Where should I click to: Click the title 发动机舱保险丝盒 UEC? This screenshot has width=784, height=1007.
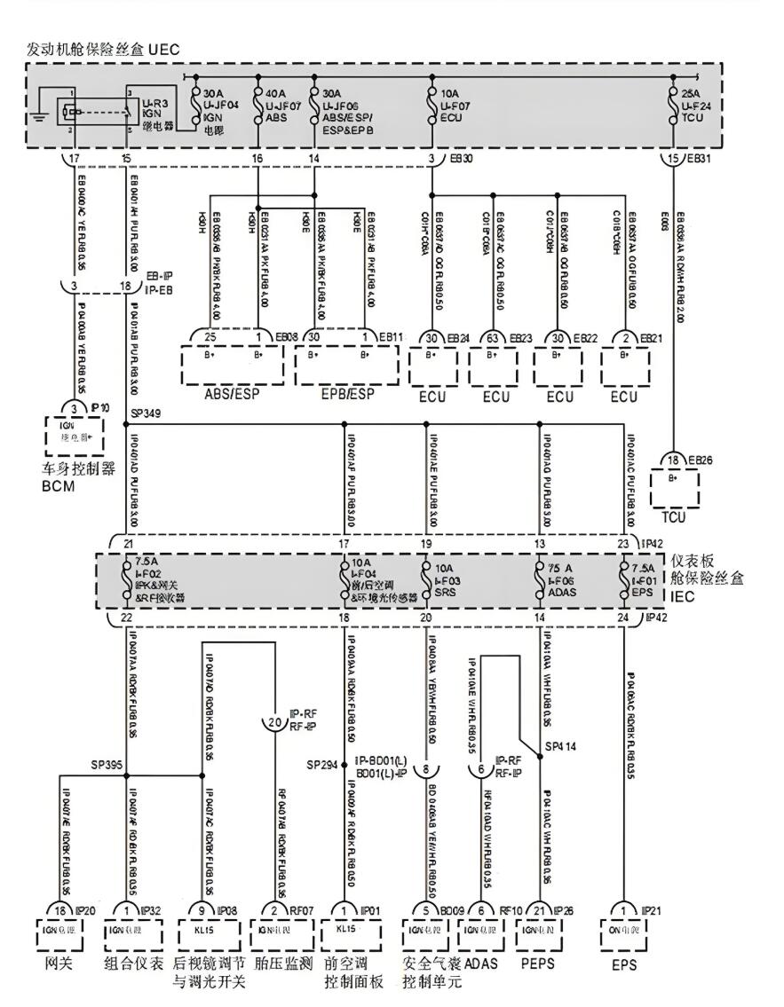click(x=103, y=50)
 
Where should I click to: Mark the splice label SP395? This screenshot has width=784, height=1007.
click(x=107, y=764)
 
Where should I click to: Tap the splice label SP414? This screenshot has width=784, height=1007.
click(x=561, y=746)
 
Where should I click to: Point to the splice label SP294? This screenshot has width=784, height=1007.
click(x=322, y=764)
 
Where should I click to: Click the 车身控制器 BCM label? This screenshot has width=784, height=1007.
click(x=78, y=477)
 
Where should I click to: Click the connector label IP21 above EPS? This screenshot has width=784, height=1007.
click(x=651, y=911)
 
